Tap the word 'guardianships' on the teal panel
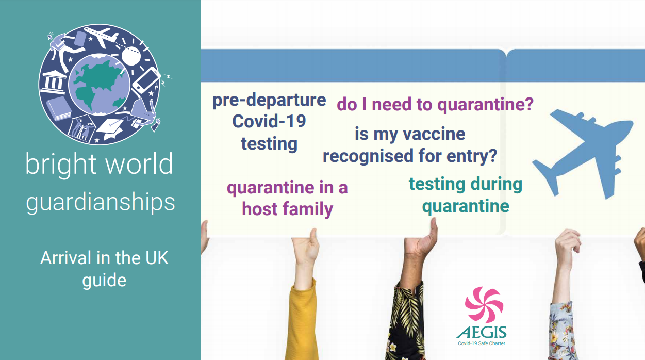(x=101, y=203)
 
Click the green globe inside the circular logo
(x=100, y=85)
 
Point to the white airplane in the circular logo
(x=101, y=36)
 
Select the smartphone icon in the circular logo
(x=146, y=81)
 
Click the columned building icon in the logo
(x=54, y=82)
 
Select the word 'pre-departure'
(x=269, y=101)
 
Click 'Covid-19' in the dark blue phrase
(x=269, y=121)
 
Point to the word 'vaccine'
(x=434, y=134)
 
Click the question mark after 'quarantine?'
(x=529, y=104)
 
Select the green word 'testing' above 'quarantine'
(x=437, y=185)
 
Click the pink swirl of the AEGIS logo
(x=484, y=305)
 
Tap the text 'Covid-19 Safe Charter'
(x=482, y=343)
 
